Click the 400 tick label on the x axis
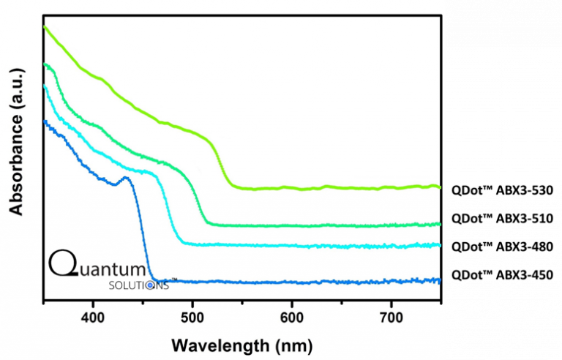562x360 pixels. point(93,319)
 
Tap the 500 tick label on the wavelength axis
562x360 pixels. point(192,319)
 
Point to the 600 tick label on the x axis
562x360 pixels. point(292,319)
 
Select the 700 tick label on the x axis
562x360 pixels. point(391,319)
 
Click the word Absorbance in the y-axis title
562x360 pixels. point(16,166)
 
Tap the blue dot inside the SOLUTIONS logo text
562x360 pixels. point(151,286)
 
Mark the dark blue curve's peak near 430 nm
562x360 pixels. point(125,177)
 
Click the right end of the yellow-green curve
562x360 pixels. point(440,187)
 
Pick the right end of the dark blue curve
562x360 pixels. point(440,280)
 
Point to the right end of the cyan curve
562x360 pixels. point(440,244)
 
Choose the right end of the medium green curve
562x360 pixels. point(440,223)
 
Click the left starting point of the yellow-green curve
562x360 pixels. point(45,26)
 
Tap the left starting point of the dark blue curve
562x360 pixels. point(45,121)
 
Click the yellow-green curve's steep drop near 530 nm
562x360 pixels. point(222,165)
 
